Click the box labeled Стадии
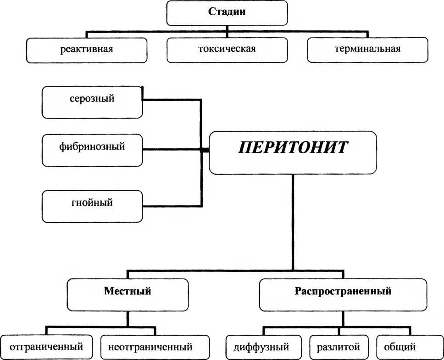click(227, 13)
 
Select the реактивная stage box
click(87, 50)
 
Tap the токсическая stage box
click(227, 50)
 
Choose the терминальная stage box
click(367, 50)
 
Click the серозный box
click(92, 102)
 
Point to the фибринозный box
click(92, 150)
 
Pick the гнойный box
click(92, 206)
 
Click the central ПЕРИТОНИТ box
click(293, 153)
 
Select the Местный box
click(128, 295)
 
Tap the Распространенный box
click(343, 295)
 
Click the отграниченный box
click(46, 347)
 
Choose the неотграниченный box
click(155, 347)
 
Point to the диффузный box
click(264, 347)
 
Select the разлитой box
click(339, 347)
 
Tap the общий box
click(400, 347)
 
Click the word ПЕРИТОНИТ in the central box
click(293, 148)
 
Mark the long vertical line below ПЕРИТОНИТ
click(293, 222)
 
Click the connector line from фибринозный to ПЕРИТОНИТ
click(176, 149)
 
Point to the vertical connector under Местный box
click(128, 319)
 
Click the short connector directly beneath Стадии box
click(227, 31)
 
